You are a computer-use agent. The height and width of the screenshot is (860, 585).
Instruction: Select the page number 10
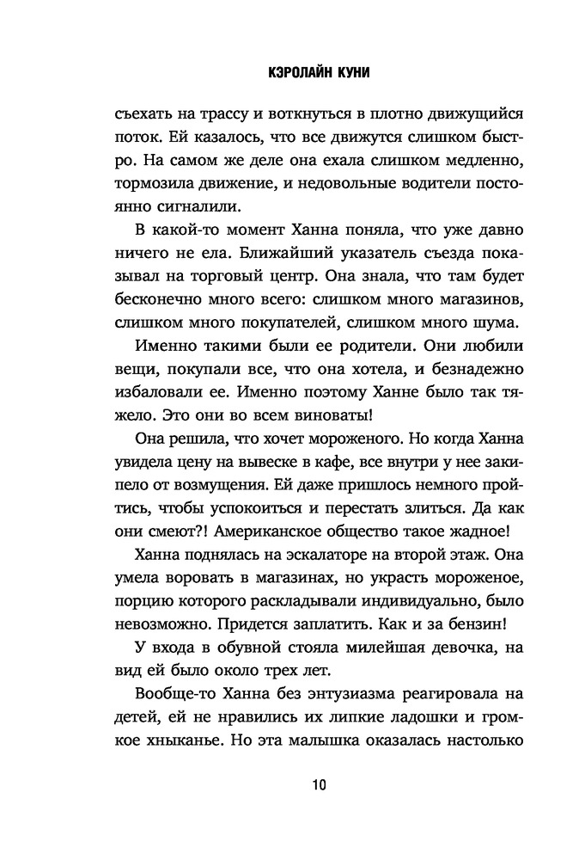coord(293,785)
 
